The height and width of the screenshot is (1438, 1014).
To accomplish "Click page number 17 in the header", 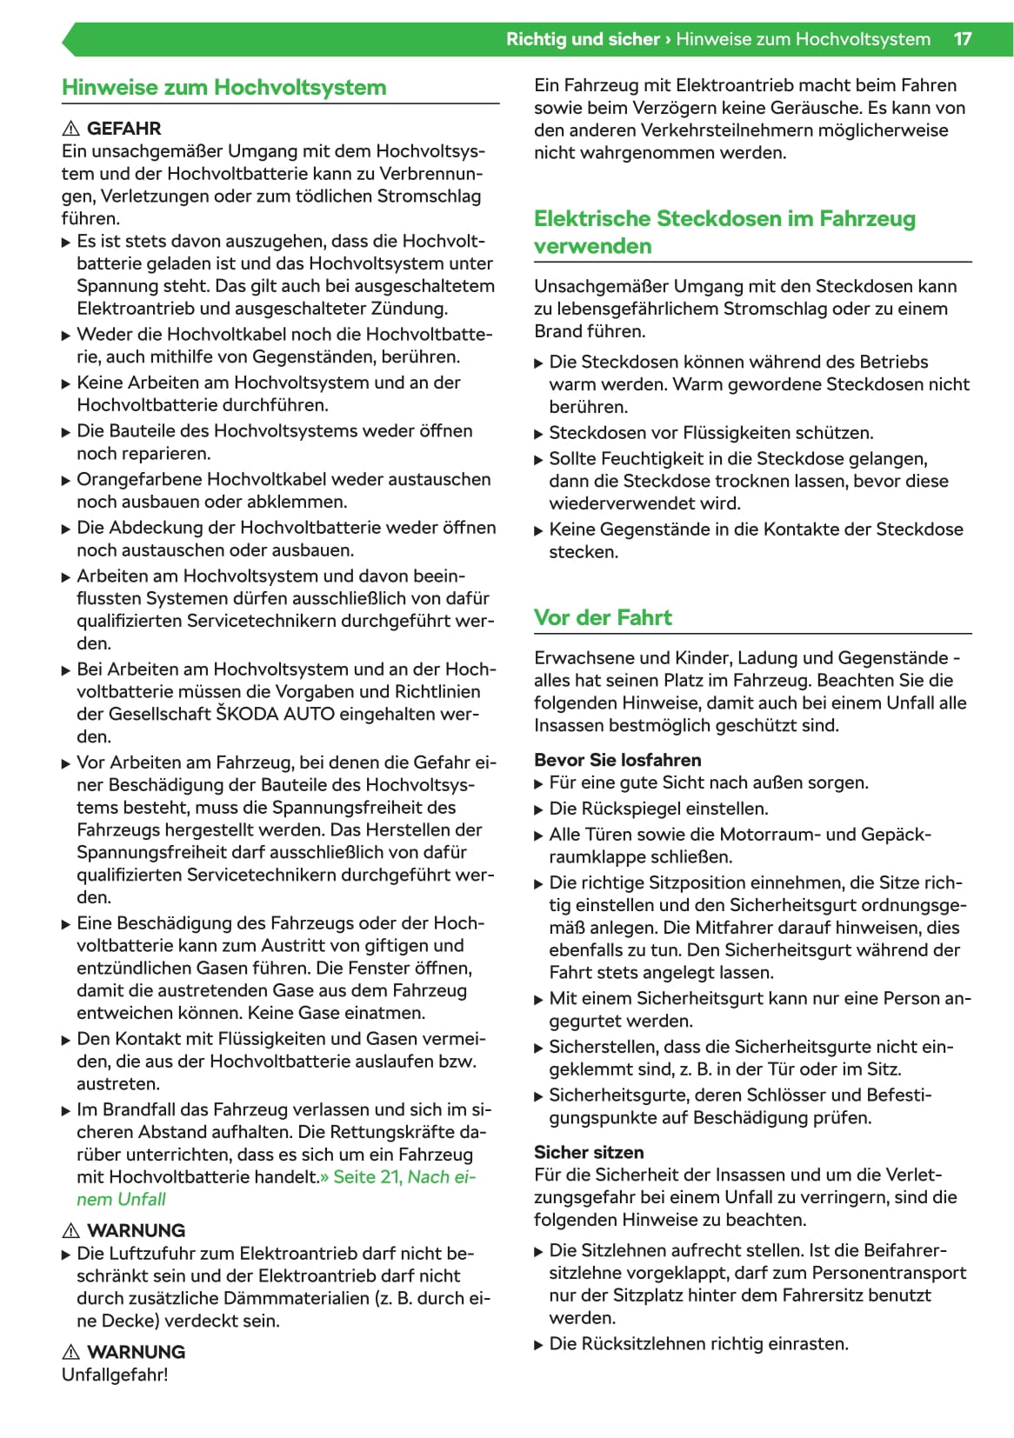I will point(962,39).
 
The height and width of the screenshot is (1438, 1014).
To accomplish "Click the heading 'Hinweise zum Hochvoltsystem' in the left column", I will point(223,88).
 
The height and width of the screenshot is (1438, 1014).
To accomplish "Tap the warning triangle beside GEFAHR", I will point(71,129).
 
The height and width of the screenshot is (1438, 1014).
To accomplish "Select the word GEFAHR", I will point(123,129).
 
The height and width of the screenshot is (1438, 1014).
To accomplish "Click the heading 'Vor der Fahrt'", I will point(603,618).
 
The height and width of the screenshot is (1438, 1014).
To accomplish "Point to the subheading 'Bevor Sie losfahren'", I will point(617,760).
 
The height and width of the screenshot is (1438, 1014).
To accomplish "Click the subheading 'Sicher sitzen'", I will point(589,1152).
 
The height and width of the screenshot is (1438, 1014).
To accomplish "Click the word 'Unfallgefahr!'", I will point(115,1375).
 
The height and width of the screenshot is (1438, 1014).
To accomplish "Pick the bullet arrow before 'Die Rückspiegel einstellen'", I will point(538,809).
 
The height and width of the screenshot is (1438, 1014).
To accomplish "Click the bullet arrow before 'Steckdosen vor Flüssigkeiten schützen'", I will point(538,434).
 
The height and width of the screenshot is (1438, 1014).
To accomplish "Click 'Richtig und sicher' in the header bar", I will point(583,39).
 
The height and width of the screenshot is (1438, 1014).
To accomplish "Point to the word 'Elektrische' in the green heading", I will point(593,219).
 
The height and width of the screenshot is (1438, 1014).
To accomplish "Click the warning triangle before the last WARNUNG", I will point(71,1352).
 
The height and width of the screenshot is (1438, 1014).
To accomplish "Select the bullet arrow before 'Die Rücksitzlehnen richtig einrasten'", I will point(538,1345).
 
